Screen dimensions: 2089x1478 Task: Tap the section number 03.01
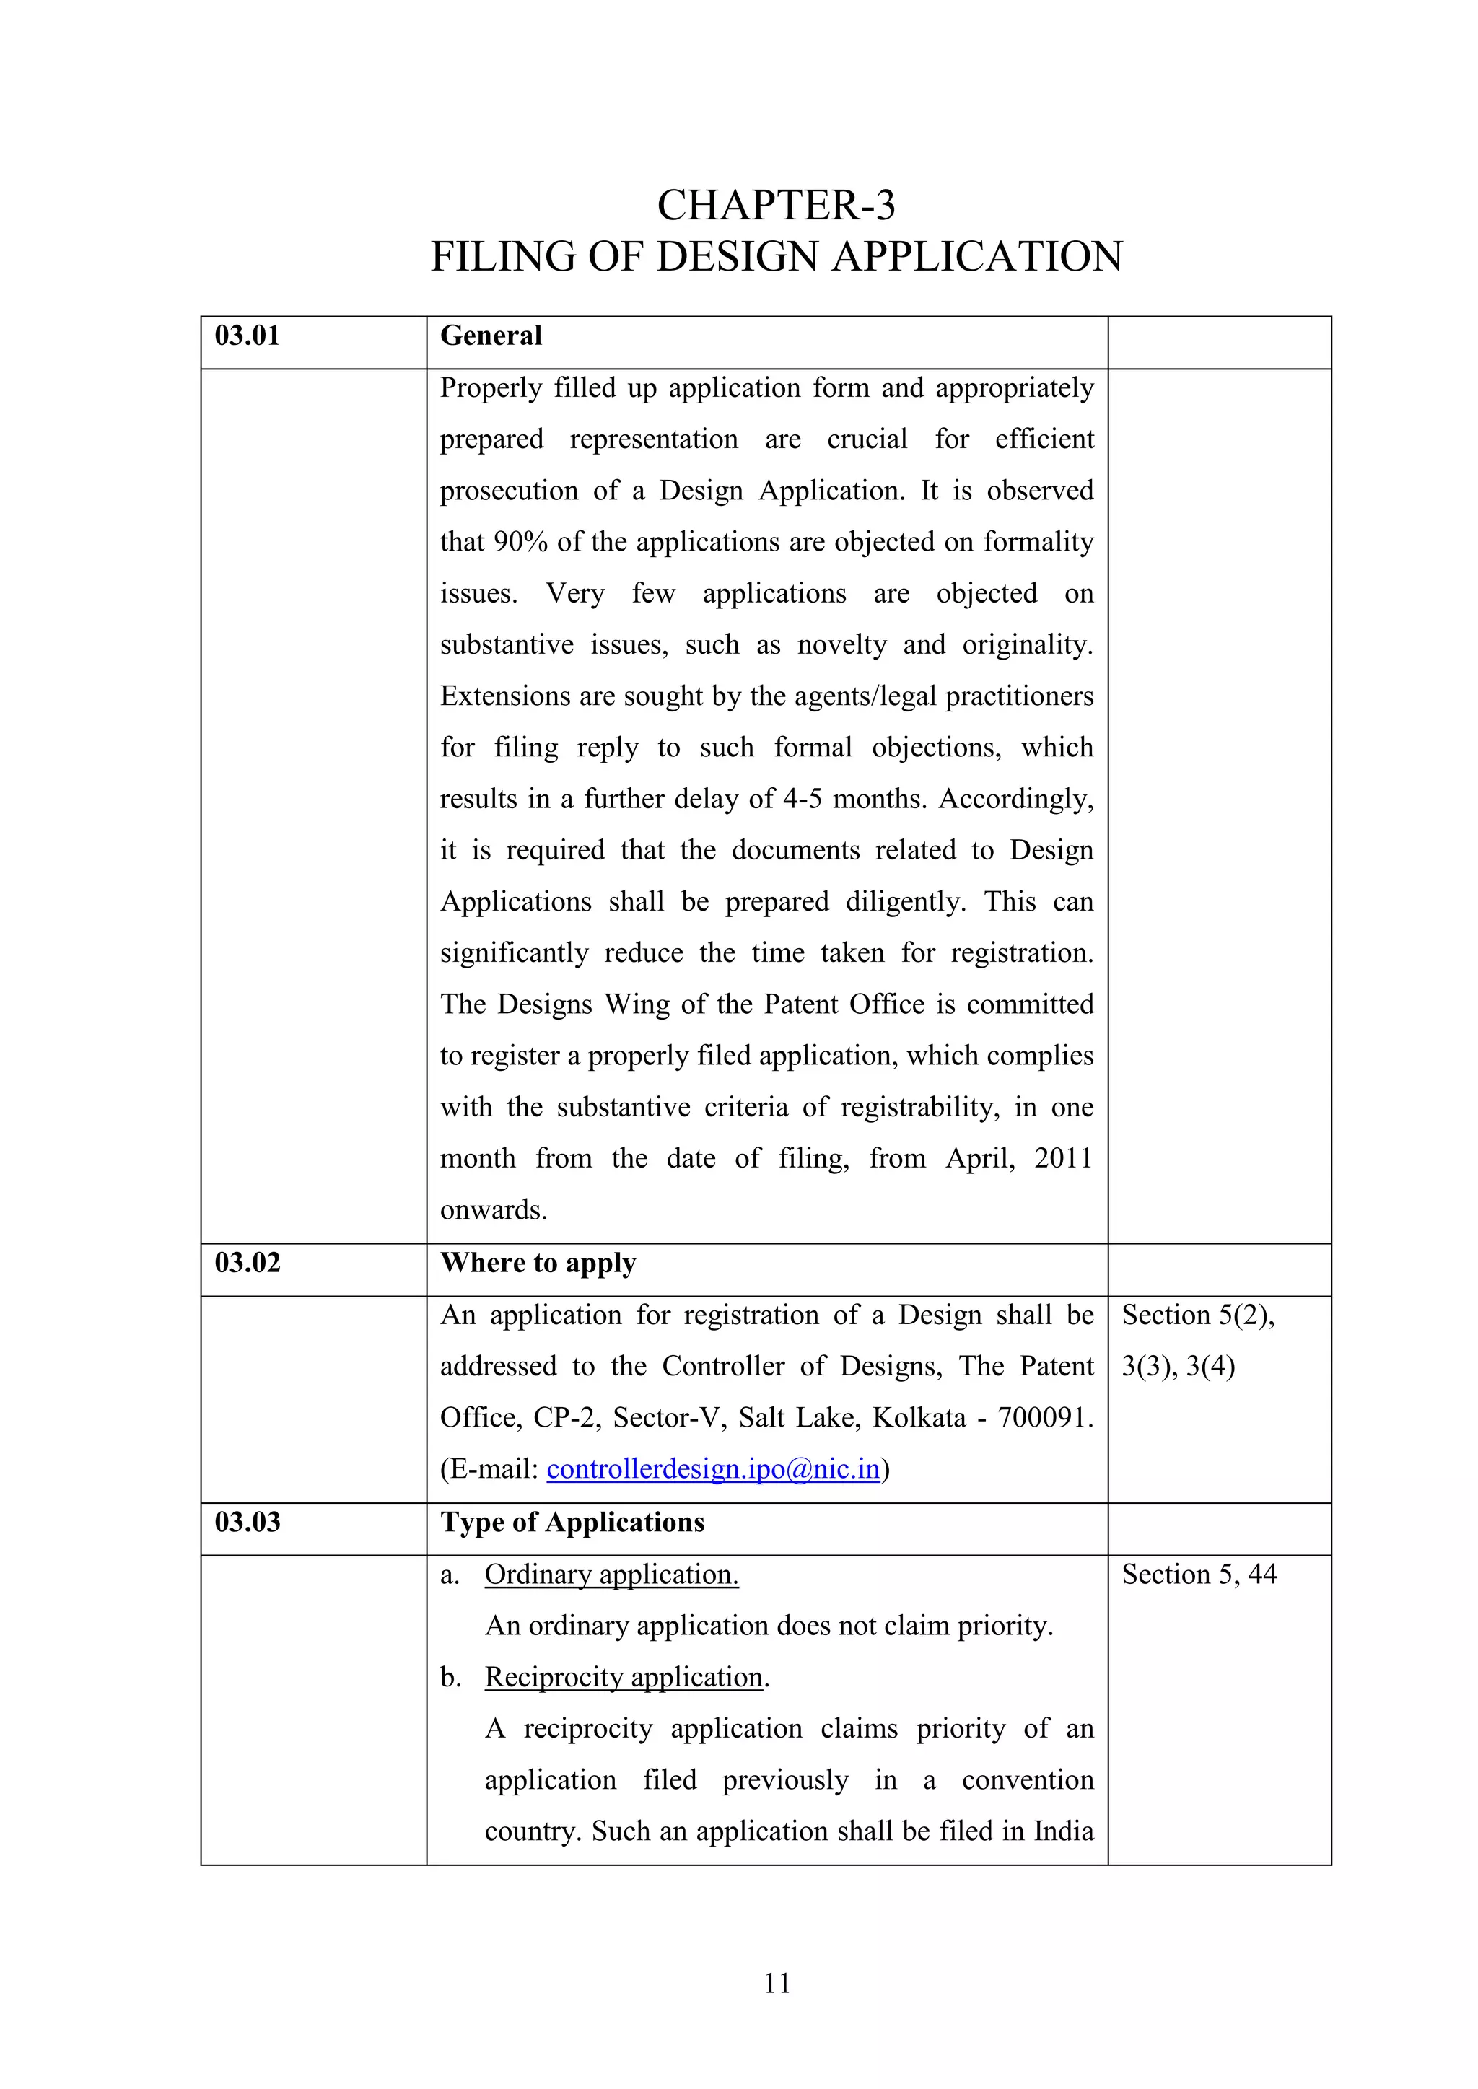tap(247, 336)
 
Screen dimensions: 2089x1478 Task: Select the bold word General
tap(491, 336)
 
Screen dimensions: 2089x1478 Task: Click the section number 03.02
tap(247, 1263)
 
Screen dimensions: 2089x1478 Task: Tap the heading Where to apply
tap(538, 1263)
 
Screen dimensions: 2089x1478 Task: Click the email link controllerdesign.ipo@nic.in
tap(712, 1469)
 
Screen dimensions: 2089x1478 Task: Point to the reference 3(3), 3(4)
tap(1178, 1367)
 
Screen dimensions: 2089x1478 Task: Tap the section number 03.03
tap(247, 1522)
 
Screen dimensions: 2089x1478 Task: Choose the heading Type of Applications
tap(572, 1522)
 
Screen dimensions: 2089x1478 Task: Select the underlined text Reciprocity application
tap(624, 1677)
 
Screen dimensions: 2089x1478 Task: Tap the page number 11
tap(777, 1984)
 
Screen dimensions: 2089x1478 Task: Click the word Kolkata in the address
tap(918, 1417)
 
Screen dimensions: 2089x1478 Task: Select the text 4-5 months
tap(854, 799)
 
